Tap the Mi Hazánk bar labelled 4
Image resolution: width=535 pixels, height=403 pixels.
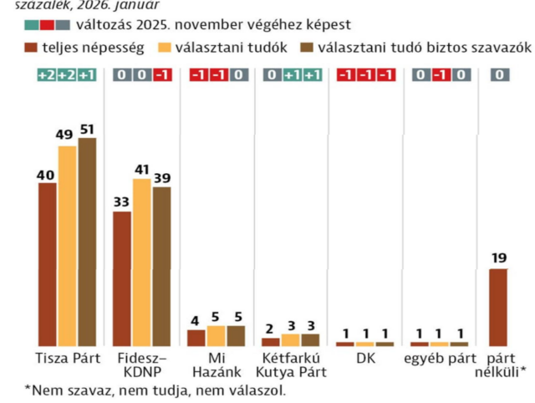coord(196,337)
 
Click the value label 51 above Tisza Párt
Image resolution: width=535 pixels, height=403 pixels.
coord(87,129)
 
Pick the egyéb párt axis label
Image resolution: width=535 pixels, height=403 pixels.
coord(440,360)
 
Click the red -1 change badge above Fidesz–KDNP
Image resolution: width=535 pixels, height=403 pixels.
coord(161,75)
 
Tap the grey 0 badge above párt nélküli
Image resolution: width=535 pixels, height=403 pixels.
coord(499,75)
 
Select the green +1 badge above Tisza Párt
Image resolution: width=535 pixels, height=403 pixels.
coord(87,75)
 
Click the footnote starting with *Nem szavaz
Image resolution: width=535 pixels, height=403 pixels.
coord(155,390)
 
